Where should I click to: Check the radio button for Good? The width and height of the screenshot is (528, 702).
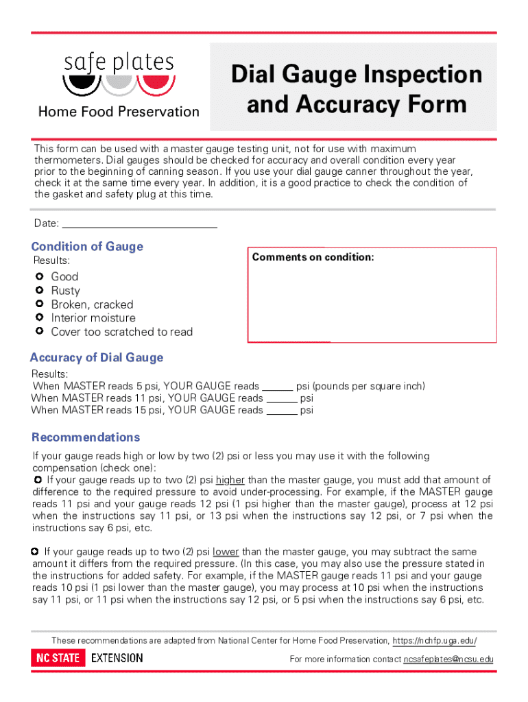tap(39, 276)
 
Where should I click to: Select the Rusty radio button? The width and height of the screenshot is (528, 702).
tap(39, 290)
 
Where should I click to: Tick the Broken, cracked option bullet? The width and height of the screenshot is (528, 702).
tap(39, 304)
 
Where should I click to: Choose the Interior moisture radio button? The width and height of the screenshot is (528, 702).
tap(39, 317)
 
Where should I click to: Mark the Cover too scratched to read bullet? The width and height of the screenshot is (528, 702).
tap(39, 331)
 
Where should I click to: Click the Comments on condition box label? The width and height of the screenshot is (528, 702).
tap(313, 257)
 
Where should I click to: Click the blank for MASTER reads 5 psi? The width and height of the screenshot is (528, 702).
tap(278, 387)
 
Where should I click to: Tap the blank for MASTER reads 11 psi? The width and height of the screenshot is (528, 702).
tap(282, 398)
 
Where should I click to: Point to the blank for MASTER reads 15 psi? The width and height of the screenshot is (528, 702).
tap(282, 411)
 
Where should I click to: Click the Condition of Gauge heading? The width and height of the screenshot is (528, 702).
tap(87, 247)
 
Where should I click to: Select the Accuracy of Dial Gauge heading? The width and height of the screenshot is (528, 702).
tap(97, 357)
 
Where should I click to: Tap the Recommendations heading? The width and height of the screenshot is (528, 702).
tap(86, 437)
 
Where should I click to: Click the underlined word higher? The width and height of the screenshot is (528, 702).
tap(230, 480)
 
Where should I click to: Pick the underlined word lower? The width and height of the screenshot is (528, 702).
tap(226, 552)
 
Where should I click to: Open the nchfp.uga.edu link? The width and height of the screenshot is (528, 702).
tap(434, 641)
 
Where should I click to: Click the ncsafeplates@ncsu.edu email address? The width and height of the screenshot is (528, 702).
tap(448, 659)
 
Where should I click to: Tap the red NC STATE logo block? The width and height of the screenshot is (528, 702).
tap(58, 658)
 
